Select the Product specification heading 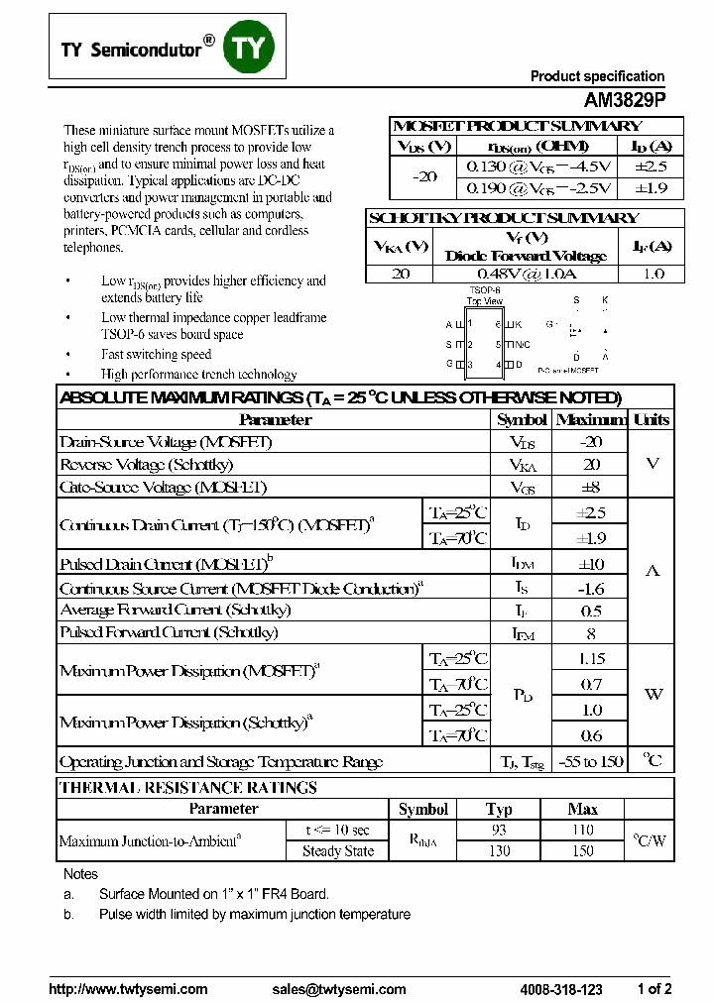pyautogui.click(x=597, y=76)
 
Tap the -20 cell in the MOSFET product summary pyautogui.click(x=424, y=176)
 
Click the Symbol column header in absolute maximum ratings pyautogui.click(x=522, y=419)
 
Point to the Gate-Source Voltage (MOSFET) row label pyautogui.click(x=164, y=487)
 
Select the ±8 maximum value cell pyautogui.click(x=591, y=487)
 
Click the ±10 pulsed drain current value pyautogui.click(x=591, y=564)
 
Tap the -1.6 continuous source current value pyautogui.click(x=591, y=588)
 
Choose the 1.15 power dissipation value pyautogui.click(x=591, y=658)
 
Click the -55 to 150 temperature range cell pyautogui.click(x=591, y=761)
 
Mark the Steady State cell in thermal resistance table pyautogui.click(x=338, y=851)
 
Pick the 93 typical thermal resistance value pyautogui.click(x=499, y=831)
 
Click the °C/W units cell pyautogui.click(x=650, y=840)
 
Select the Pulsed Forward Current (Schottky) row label pyautogui.click(x=169, y=632)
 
